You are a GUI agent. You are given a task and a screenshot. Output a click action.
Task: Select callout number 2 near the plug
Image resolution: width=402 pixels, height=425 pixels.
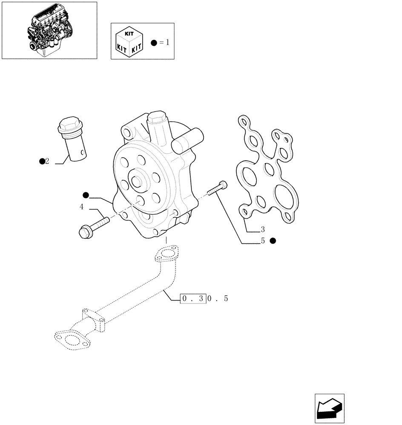pyautogui.click(x=47, y=161)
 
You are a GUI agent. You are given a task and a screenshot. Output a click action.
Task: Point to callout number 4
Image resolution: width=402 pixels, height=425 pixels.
pyautogui.click(x=81, y=207)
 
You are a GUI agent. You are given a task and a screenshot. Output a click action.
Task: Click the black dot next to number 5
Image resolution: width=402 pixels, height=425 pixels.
pyautogui.click(x=273, y=241)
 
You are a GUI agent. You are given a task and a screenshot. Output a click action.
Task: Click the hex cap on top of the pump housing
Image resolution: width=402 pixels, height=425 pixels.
pyautogui.click(x=156, y=116)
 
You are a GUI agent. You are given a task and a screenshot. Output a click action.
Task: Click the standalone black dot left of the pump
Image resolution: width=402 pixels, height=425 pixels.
pyautogui.click(x=86, y=195)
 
